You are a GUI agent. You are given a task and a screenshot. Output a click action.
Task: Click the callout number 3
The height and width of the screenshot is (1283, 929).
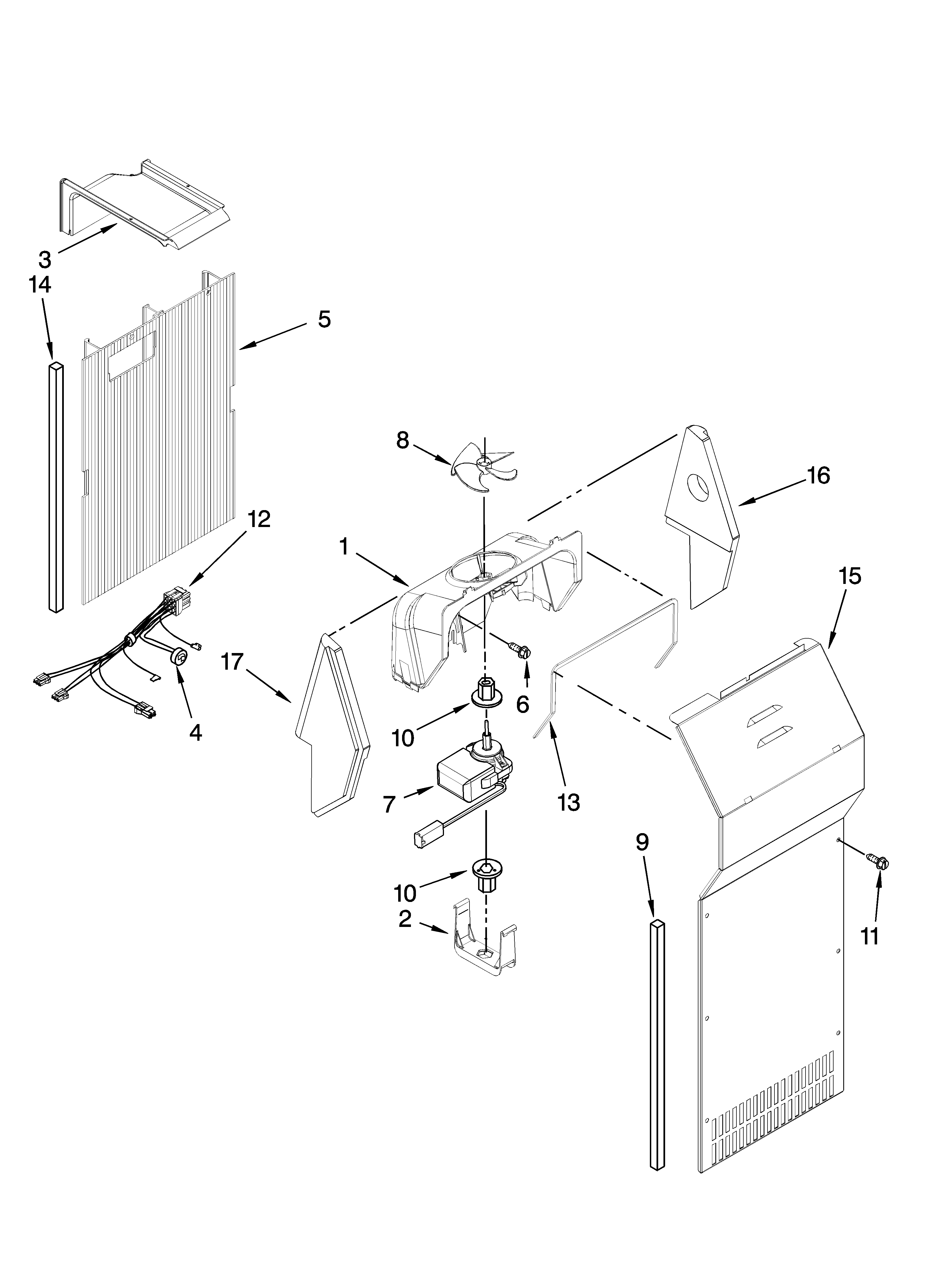tap(45, 260)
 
